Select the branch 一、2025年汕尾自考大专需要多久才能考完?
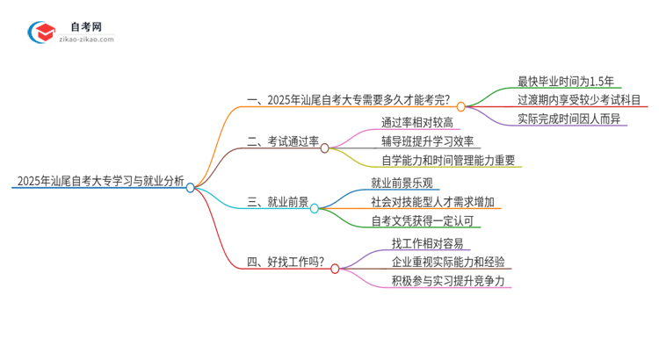pyautogui.click(x=351, y=100)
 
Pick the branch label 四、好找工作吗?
pyautogui.click(x=286, y=262)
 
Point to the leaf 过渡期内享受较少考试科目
pyautogui.click(x=579, y=100)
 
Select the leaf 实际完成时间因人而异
pyautogui.click(x=568, y=119)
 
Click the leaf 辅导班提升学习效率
pyautogui.click(x=428, y=140)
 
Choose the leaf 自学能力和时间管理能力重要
pyautogui.click(x=448, y=161)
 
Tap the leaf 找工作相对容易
pyautogui.click(x=427, y=242)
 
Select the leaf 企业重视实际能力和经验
pyautogui.click(x=448, y=262)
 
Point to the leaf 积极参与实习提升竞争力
pyautogui.click(x=448, y=282)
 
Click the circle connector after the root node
pyautogui.click(x=190, y=187)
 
